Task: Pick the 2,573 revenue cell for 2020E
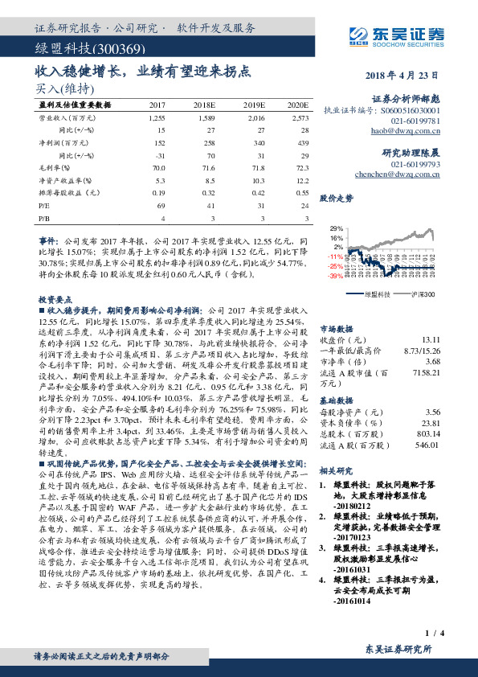(297, 117)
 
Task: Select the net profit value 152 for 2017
(158, 140)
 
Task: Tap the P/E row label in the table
(44, 207)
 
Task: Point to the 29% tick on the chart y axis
(336, 228)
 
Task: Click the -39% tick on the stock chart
(335, 275)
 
